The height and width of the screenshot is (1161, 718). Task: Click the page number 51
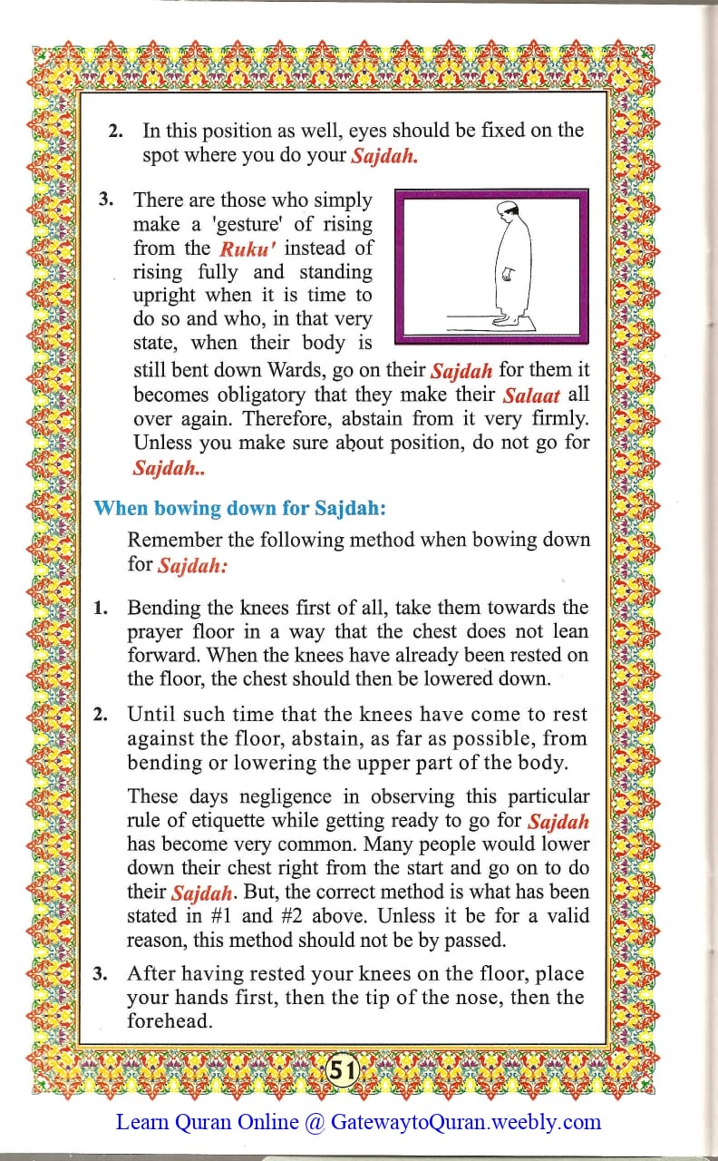[341, 1070]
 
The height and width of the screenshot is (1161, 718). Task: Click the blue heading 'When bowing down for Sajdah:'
[239, 508]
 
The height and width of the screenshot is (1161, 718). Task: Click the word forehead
[170, 1020]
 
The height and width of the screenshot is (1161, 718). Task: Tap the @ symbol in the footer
[315, 1122]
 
